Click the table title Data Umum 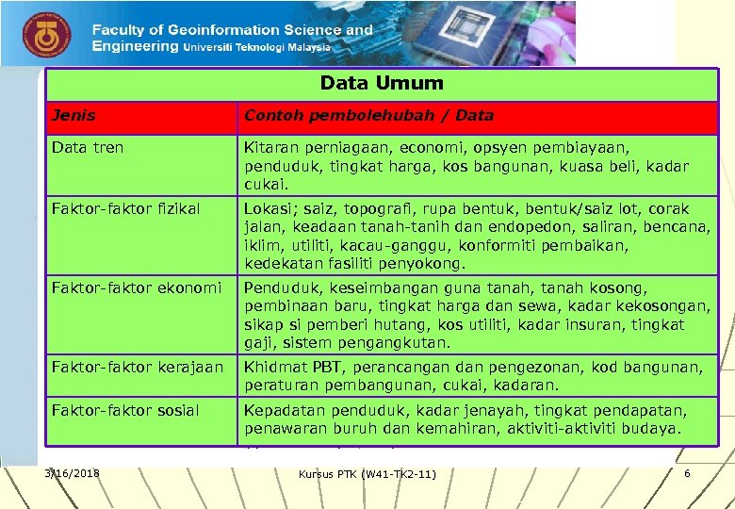pyautogui.click(x=381, y=83)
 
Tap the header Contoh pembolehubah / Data pyautogui.click(x=368, y=116)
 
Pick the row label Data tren pyautogui.click(x=88, y=148)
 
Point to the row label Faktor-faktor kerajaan pyautogui.click(x=138, y=367)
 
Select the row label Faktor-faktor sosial pyautogui.click(x=125, y=410)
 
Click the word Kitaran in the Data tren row pyautogui.click(x=271, y=148)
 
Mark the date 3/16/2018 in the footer pyautogui.click(x=72, y=472)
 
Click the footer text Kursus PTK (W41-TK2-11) pyautogui.click(x=367, y=473)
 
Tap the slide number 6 pyautogui.click(x=687, y=472)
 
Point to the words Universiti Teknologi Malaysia pyautogui.click(x=256, y=46)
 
